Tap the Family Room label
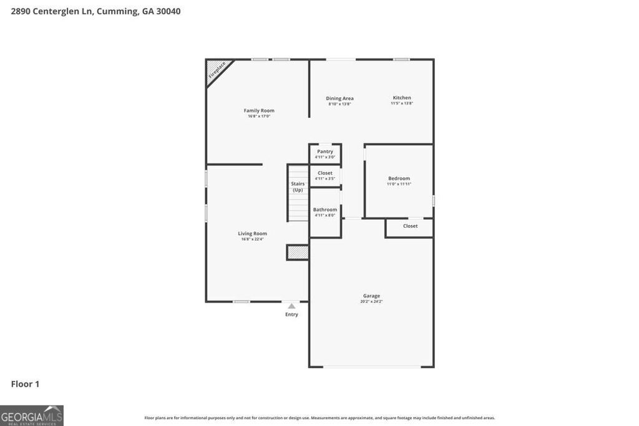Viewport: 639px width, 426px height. click(x=259, y=110)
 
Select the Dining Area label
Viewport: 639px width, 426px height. click(x=339, y=98)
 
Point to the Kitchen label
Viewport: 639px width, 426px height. click(x=402, y=97)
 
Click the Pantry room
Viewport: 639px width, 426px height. click(x=325, y=153)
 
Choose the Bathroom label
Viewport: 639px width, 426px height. click(x=325, y=210)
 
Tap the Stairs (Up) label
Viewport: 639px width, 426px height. click(x=298, y=186)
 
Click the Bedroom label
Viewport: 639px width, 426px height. click(x=399, y=178)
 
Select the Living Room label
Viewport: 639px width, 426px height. click(x=252, y=233)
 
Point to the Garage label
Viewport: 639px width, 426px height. click(x=371, y=296)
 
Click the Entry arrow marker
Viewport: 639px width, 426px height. click(x=291, y=306)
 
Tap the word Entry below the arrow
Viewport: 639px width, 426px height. click(x=291, y=314)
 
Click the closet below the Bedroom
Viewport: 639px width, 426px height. click(x=410, y=226)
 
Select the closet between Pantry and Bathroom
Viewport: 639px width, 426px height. click(x=325, y=175)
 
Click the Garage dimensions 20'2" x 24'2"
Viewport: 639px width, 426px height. click(x=371, y=301)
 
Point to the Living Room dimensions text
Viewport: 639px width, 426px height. click(x=252, y=239)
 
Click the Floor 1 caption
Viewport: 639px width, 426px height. click(x=25, y=384)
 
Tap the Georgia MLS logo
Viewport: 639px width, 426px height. click(x=32, y=415)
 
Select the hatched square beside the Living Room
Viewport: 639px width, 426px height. click(x=298, y=252)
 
